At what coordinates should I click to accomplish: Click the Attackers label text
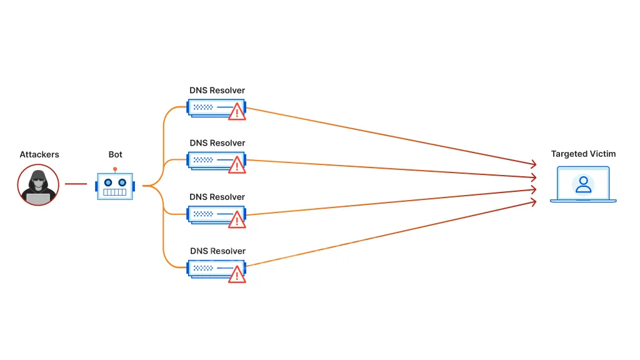pos(39,154)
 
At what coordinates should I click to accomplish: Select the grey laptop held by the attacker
pos(38,198)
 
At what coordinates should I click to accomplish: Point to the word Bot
pos(116,154)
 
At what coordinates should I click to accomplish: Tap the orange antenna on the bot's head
pos(115,169)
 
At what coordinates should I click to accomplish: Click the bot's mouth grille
pos(115,192)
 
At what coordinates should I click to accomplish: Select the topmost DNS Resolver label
pos(217,91)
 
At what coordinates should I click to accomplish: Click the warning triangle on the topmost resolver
pos(237,112)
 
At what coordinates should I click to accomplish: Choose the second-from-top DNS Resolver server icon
pos(209,160)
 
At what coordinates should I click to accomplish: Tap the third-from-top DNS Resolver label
pos(217,197)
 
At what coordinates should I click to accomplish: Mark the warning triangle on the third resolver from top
pos(237,219)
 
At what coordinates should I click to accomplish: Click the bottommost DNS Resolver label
pos(217,251)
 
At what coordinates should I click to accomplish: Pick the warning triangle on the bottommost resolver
pos(237,274)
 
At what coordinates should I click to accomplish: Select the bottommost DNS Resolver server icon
pos(209,268)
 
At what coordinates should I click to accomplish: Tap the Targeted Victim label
pos(583,154)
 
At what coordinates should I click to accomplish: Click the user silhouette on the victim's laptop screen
pos(583,184)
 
